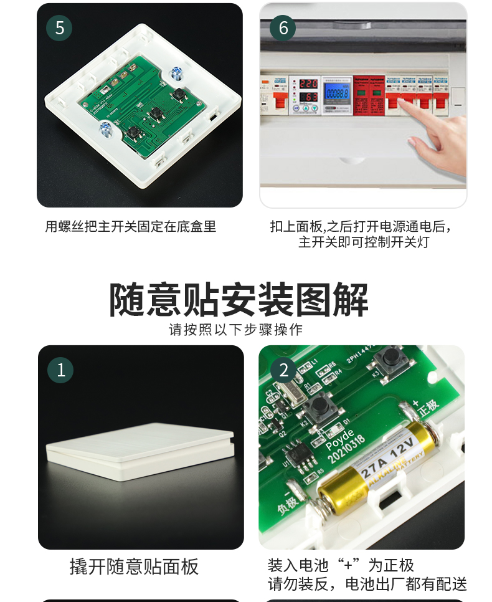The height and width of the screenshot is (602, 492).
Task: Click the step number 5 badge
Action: point(60,28)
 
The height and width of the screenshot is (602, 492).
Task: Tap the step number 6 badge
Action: point(283,28)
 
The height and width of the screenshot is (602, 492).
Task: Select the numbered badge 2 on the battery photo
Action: point(283,370)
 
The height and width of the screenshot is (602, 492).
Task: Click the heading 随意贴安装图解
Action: point(239,300)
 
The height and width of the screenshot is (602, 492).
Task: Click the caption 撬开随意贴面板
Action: point(134,566)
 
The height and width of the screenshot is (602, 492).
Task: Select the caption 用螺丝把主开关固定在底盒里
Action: point(131,227)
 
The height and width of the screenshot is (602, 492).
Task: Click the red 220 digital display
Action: point(308,83)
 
